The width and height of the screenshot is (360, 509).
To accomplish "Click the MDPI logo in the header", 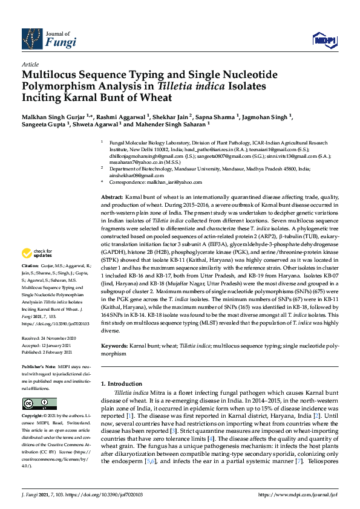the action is (x=324, y=40).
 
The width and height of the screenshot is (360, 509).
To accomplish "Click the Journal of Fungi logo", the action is (x=49, y=39).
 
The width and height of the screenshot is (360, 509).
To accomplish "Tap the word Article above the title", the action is (x=30, y=64).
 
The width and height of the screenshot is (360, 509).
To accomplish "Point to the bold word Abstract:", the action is (x=112, y=198).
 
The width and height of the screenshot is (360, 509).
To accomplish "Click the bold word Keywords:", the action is (x=114, y=345).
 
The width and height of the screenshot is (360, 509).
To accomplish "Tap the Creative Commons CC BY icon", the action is (x=31, y=403).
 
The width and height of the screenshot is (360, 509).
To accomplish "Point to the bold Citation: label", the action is (x=30, y=282).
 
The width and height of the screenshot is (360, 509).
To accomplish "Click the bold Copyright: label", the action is (x=33, y=417).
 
